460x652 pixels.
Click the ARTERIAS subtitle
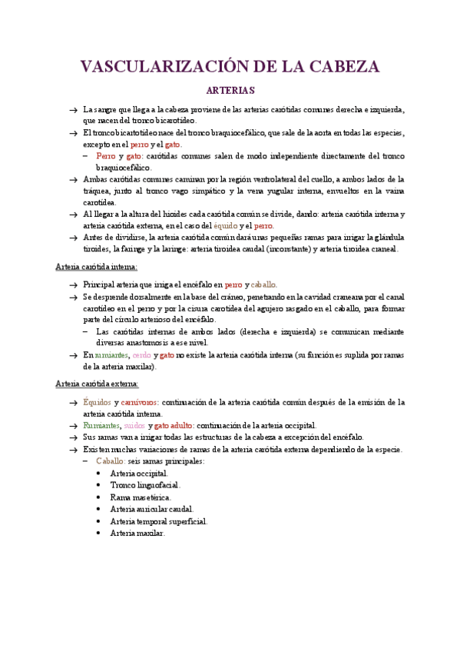click(230, 90)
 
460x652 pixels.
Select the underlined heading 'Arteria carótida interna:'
click(97, 266)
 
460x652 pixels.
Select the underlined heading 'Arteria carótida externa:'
click(98, 384)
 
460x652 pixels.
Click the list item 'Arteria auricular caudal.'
click(152, 508)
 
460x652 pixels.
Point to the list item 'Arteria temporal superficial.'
click(159, 521)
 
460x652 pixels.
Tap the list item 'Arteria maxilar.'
click(137, 532)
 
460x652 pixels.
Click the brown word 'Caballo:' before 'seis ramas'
click(111, 461)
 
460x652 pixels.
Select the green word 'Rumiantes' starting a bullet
click(101, 425)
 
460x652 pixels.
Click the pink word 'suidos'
click(134, 425)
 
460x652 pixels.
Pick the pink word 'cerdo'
click(142, 355)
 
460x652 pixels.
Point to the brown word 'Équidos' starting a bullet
click(97, 402)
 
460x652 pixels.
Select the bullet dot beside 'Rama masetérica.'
click(101, 497)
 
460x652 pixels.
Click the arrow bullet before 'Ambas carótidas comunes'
click(71, 179)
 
